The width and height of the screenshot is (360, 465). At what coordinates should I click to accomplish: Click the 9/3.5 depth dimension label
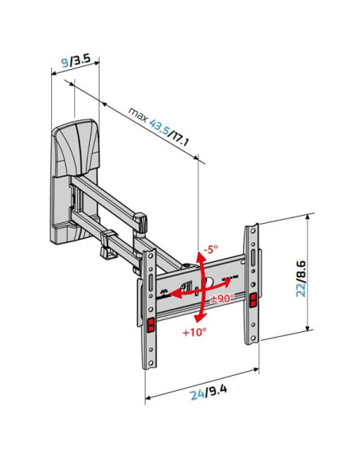coord(76,61)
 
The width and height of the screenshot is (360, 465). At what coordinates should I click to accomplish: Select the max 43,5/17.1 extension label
coord(158,127)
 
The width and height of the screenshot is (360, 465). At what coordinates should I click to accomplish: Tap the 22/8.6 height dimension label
coord(302,279)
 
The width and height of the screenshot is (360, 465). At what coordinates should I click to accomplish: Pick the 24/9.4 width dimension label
coord(209,392)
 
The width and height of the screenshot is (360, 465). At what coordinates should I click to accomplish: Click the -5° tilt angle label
coord(211,248)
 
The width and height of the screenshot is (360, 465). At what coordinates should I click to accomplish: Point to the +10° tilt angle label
coord(194,332)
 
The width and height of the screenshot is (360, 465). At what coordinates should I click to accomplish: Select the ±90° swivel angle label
coord(222,298)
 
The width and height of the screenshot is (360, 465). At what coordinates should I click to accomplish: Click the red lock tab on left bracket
coord(151,324)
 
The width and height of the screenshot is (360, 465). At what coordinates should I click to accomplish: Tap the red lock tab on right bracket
coord(253,300)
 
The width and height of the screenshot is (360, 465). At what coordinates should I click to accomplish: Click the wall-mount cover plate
coord(74,147)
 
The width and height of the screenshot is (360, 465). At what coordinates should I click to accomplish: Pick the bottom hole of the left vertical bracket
coord(151,363)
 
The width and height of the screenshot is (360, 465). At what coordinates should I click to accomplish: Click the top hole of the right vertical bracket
coord(252,230)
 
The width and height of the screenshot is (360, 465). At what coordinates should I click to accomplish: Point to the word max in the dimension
coord(138,114)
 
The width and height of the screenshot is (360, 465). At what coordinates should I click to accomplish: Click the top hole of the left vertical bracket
coord(151,255)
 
